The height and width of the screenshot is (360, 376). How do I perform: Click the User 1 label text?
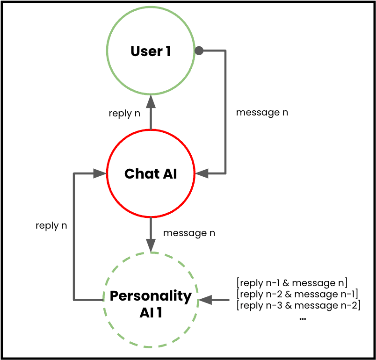[x=151, y=51]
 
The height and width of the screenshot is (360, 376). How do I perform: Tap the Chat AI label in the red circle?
[x=151, y=174]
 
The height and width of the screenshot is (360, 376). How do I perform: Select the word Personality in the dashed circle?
[x=151, y=296]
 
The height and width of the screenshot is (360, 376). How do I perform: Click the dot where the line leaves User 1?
[x=199, y=50]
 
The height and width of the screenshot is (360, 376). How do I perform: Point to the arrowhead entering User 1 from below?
[x=151, y=100]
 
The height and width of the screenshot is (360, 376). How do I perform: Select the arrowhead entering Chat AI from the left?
[x=100, y=174]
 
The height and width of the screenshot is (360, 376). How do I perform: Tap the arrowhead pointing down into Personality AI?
[x=151, y=245]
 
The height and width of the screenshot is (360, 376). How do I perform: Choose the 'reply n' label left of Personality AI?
[x=51, y=225]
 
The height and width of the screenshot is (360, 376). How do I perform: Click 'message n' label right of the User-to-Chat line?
[x=262, y=113]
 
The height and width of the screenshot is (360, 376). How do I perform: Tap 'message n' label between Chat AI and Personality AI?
[x=189, y=233]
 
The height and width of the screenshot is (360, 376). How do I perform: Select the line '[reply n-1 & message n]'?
[x=292, y=282]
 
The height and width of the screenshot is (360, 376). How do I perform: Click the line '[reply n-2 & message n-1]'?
[x=297, y=294]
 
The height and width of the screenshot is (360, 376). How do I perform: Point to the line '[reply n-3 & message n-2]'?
[x=299, y=306]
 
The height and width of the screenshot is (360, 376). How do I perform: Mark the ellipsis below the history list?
[x=302, y=319]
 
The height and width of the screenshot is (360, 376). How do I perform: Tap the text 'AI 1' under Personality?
[x=151, y=313]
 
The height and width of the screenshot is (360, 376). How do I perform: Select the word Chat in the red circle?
[x=138, y=174]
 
